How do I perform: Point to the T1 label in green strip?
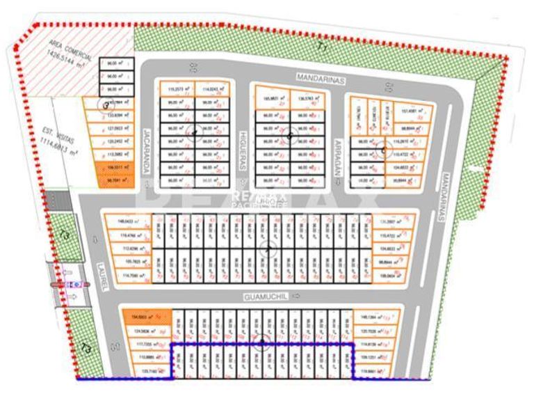click(321, 47)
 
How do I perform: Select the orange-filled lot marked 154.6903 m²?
click(146, 317)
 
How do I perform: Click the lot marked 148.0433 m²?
click(128, 223)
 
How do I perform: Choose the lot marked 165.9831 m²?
click(271, 98)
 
